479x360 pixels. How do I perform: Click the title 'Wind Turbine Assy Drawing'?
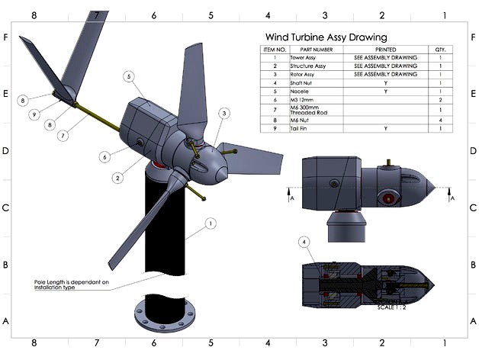pos(325,37)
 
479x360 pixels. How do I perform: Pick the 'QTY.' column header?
pos(440,50)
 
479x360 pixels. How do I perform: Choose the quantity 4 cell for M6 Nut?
pos(440,121)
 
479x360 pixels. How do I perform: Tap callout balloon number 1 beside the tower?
pos(211,224)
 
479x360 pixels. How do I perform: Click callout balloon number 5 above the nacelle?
pos(129,77)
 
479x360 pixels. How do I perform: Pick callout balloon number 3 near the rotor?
pos(223,114)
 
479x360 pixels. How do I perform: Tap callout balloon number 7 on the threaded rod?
pos(64,135)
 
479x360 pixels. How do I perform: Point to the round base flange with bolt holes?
pos(160,314)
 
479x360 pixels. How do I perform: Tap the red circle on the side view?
pos(388,199)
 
